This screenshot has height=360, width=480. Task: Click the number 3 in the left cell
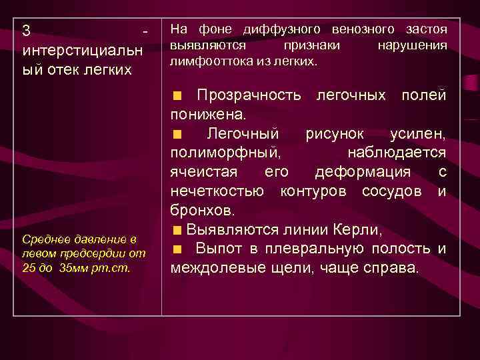point(26,31)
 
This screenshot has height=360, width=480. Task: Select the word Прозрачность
point(249,95)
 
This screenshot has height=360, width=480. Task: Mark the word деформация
point(371,173)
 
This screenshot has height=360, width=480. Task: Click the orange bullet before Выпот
point(177,250)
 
